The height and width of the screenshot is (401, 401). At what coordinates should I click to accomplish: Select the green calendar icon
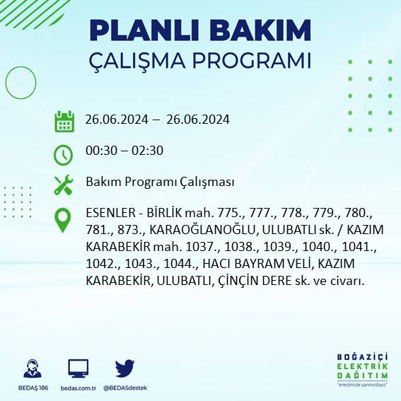pyautogui.click(x=64, y=121)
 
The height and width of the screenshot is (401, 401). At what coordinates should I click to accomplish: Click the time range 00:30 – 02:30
pyautogui.click(x=124, y=151)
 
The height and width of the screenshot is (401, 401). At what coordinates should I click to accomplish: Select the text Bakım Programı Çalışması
pyautogui.click(x=160, y=182)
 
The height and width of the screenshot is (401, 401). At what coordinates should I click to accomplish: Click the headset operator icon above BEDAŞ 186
pyautogui.click(x=33, y=368)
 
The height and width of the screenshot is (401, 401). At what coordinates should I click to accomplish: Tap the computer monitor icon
pyautogui.click(x=79, y=368)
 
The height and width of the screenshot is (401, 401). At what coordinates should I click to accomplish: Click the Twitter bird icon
pyautogui.click(x=125, y=368)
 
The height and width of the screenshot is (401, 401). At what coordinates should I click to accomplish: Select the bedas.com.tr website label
pyautogui.click(x=79, y=388)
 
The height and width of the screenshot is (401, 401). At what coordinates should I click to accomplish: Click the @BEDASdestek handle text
pyautogui.click(x=125, y=388)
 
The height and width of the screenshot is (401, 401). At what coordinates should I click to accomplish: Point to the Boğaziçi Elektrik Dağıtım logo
pyautogui.click(x=363, y=370)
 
